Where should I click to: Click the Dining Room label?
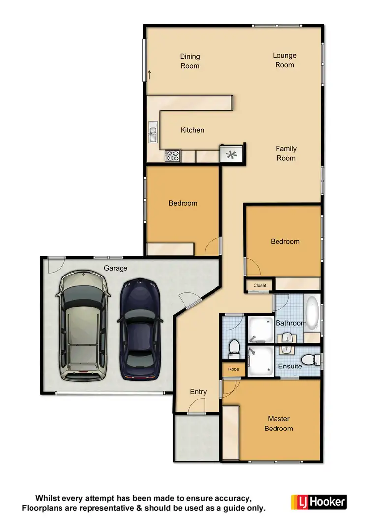point(190,61)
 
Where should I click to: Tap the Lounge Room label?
point(284,60)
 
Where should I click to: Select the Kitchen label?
point(192,130)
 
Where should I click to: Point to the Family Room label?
point(286,153)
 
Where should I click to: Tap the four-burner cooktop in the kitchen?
point(173,156)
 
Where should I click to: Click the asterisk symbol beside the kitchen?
point(231,155)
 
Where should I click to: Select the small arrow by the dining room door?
point(149,75)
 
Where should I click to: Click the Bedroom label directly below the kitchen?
point(183,203)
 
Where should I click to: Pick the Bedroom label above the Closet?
point(285,241)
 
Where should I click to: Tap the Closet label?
point(260,285)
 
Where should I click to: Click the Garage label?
point(116,268)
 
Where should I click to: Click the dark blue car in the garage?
point(140,329)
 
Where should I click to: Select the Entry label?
point(198,392)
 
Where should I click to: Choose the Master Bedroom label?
point(278,423)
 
